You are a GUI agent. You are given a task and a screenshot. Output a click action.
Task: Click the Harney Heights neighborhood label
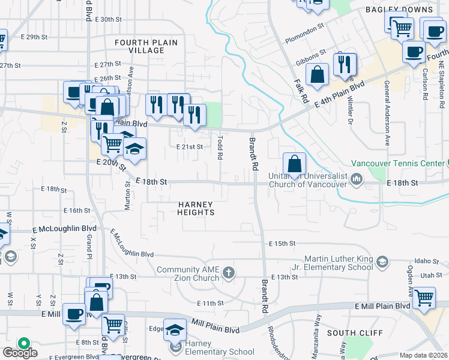point(196,208)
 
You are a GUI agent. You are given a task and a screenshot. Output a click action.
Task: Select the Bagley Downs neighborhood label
point(399,10)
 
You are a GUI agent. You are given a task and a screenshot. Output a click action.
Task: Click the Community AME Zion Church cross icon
point(228,274)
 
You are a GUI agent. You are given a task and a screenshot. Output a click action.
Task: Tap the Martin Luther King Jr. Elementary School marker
point(383,262)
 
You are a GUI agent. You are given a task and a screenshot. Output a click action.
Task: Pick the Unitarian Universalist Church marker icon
point(357,178)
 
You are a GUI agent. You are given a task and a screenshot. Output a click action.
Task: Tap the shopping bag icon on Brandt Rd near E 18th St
point(295,163)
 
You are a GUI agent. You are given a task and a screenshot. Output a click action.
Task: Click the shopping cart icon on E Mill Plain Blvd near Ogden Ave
point(424,296)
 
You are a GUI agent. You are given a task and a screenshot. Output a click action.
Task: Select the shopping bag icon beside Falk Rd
point(317,74)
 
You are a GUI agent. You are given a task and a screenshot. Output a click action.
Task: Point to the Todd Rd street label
point(220,147)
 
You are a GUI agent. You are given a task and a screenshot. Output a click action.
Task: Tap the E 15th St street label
point(283,243)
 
